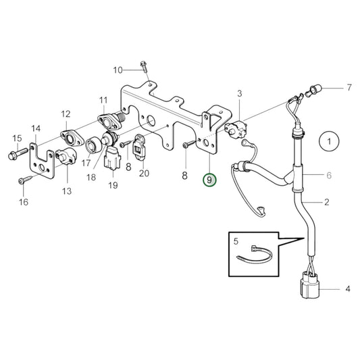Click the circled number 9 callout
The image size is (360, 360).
(x=210, y=180)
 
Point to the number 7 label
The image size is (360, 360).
(x=349, y=88)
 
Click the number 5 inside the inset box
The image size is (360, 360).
(x=236, y=240)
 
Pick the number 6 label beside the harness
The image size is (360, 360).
(x=328, y=176)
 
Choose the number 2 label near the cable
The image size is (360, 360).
(x=326, y=201)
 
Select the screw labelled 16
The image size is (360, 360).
(x=23, y=180)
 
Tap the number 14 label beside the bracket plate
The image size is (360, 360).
(x=36, y=128)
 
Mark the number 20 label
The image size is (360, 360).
(x=143, y=174)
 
